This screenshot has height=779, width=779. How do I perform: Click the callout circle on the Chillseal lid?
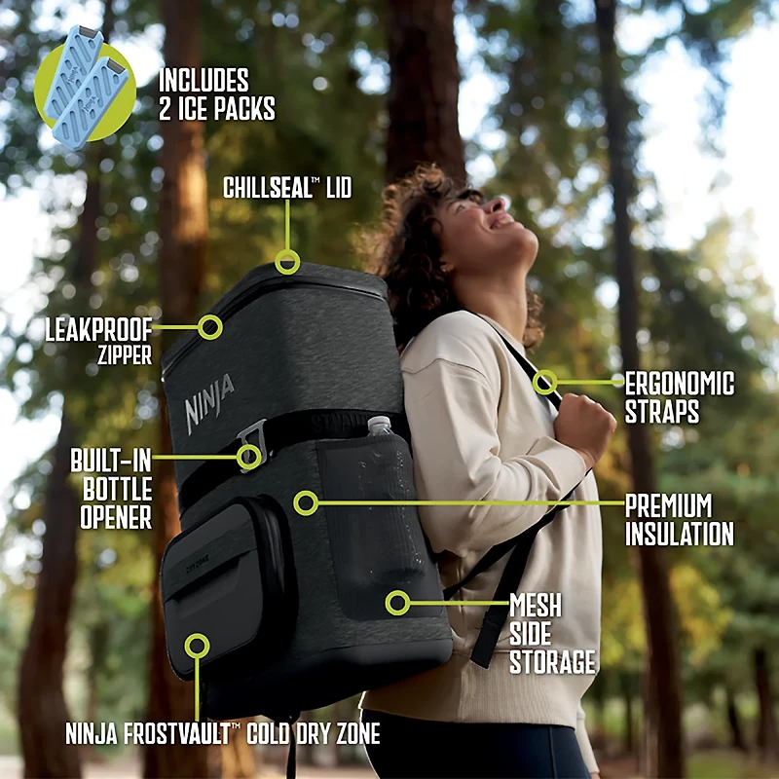287,252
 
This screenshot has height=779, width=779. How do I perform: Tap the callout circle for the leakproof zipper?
210,315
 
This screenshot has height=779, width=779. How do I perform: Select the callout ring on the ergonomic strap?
545,372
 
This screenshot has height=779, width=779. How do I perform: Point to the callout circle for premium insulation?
306,493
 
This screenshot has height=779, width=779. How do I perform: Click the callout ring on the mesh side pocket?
397,592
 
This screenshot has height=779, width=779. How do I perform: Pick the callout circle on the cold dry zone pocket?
198,635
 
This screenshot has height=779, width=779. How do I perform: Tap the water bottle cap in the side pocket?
379,424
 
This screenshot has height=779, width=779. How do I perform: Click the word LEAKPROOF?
98,329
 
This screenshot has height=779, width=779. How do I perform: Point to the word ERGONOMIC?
679,384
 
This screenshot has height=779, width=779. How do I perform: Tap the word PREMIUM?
668,505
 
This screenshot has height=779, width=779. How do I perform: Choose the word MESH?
535,605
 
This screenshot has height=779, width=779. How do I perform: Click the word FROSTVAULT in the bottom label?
177,733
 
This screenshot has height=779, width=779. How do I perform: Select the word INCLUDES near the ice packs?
204,81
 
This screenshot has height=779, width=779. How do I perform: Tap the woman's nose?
497,204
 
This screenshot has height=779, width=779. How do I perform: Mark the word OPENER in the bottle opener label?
116,518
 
